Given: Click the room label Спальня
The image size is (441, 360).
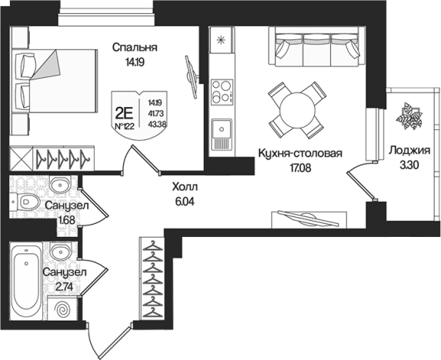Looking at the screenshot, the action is coord(135,48).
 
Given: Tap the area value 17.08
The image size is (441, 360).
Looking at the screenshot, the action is coord(300,168).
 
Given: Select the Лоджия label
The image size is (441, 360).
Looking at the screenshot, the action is coord(409,151).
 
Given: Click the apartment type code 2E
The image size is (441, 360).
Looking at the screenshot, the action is coord(124,114).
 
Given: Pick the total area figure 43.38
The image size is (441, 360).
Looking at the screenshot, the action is coord(156,124).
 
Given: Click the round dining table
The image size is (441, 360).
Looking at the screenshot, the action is coord(297,110).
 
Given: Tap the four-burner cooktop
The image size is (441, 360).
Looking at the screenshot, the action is coord(222,92).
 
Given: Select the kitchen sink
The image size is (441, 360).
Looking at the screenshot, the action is coord(222,134).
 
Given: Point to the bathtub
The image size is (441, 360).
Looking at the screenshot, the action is coord(26,281).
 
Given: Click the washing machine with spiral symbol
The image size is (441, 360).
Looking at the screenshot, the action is coord(62,308).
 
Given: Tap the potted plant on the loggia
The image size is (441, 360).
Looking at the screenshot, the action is coord(409,116).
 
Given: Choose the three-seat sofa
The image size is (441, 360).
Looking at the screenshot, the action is coord(318,47).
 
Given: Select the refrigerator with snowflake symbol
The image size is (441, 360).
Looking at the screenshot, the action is coord(222,40).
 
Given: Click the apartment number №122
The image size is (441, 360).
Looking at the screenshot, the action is coord(125,126).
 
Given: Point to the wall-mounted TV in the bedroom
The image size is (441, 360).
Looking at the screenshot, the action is coord(192,76).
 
